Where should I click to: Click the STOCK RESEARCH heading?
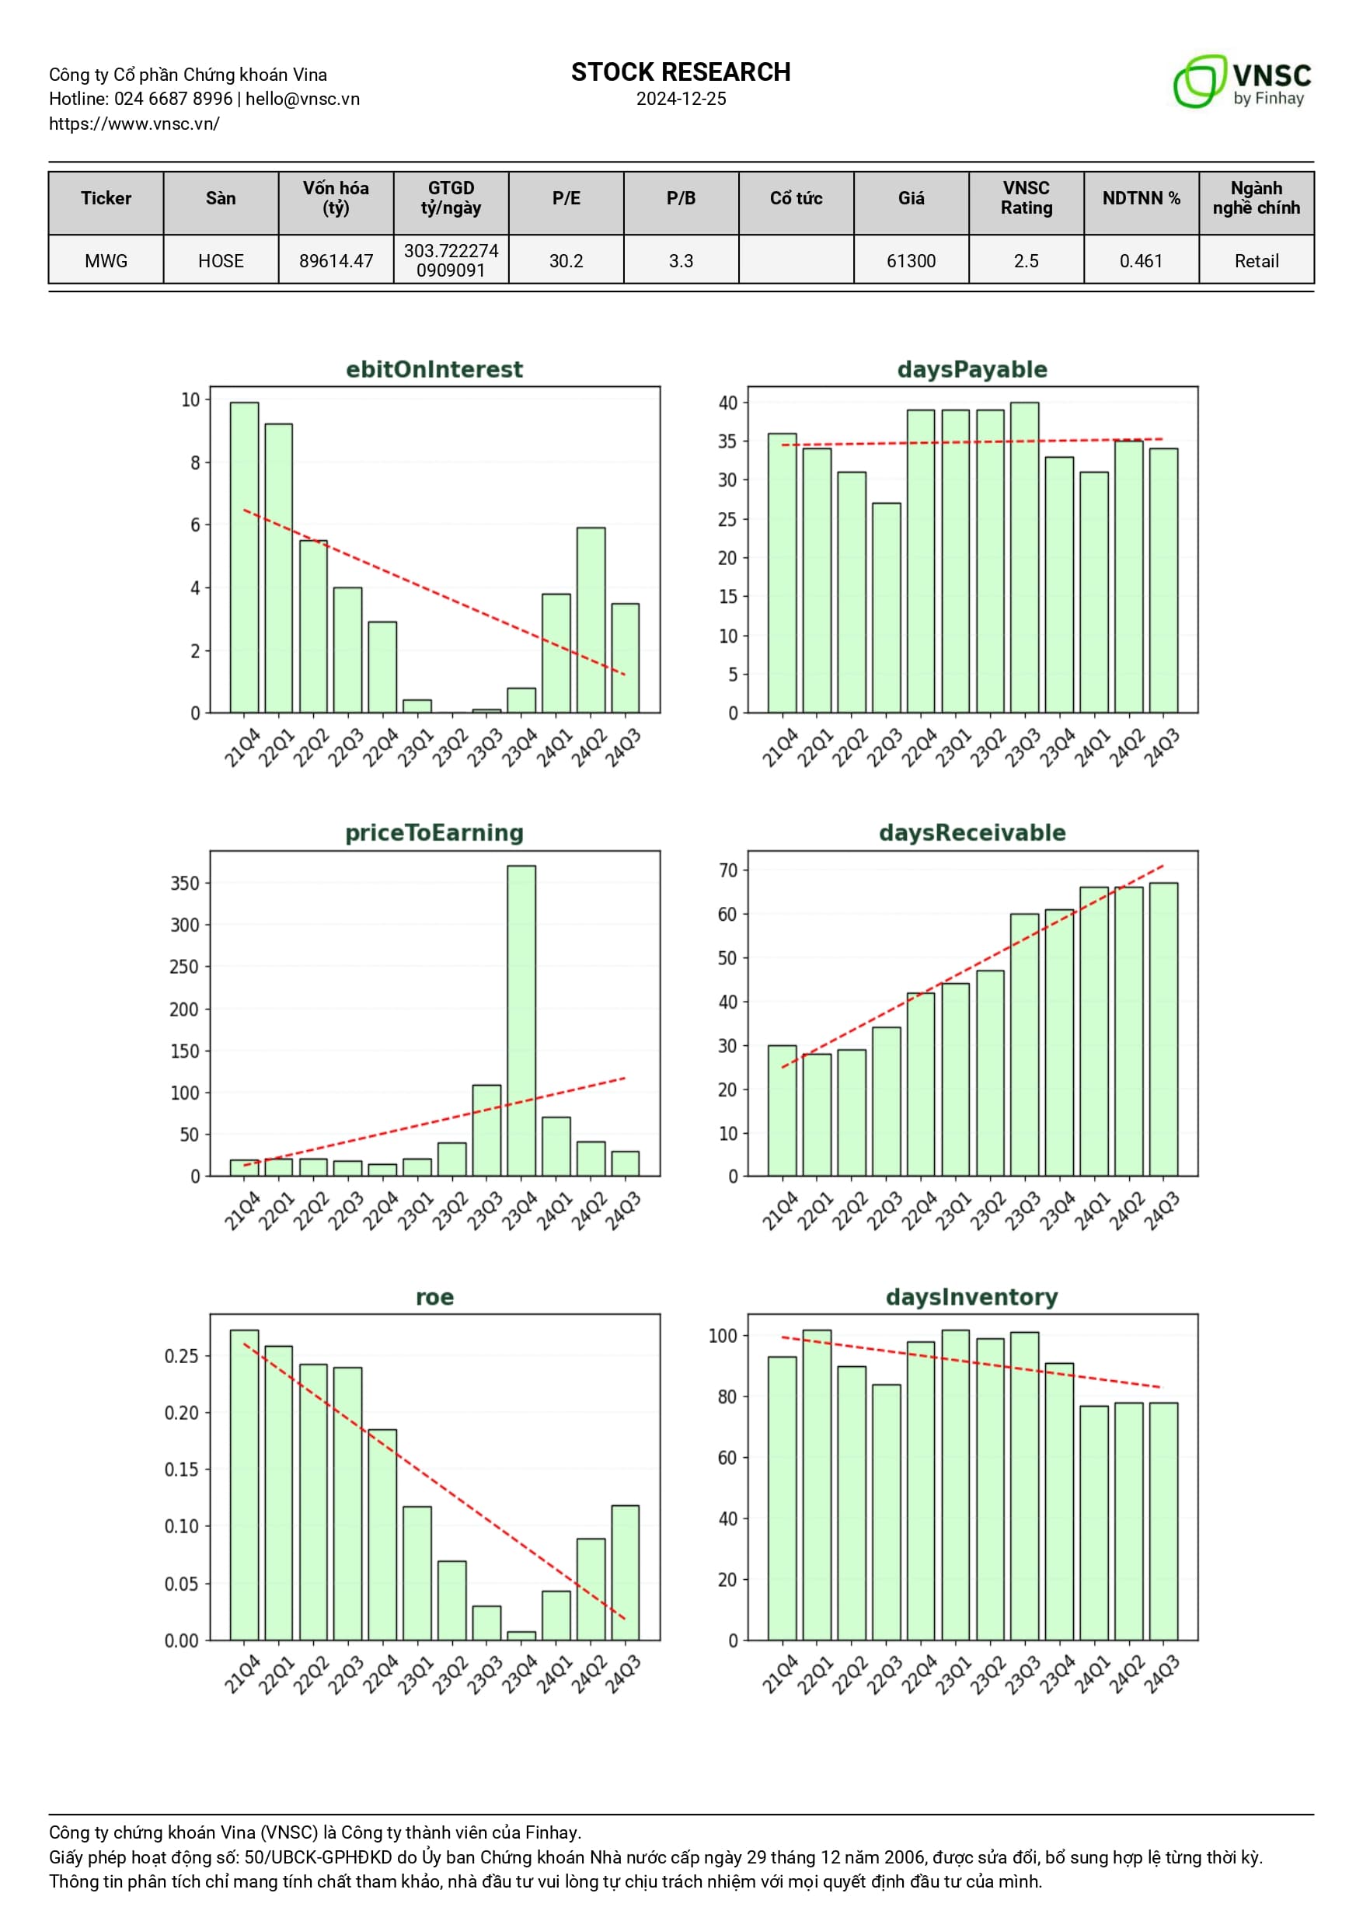click(680, 72)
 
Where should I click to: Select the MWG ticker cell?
click(106, 260)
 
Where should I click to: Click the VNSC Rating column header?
click(1026, 198)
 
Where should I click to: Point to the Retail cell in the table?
click(1256, 260)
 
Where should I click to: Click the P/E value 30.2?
click(566, 260)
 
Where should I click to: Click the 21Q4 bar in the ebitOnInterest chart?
click(244, 558)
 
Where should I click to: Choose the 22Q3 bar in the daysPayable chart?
click(886, 608)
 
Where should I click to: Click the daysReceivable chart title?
click(971, 832)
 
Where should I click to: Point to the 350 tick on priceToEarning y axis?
click(184, 884)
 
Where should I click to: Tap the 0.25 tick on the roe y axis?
click(181, 1356)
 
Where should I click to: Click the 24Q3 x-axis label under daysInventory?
click(1163, 1675)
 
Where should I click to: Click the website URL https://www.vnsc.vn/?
click(134, 124)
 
